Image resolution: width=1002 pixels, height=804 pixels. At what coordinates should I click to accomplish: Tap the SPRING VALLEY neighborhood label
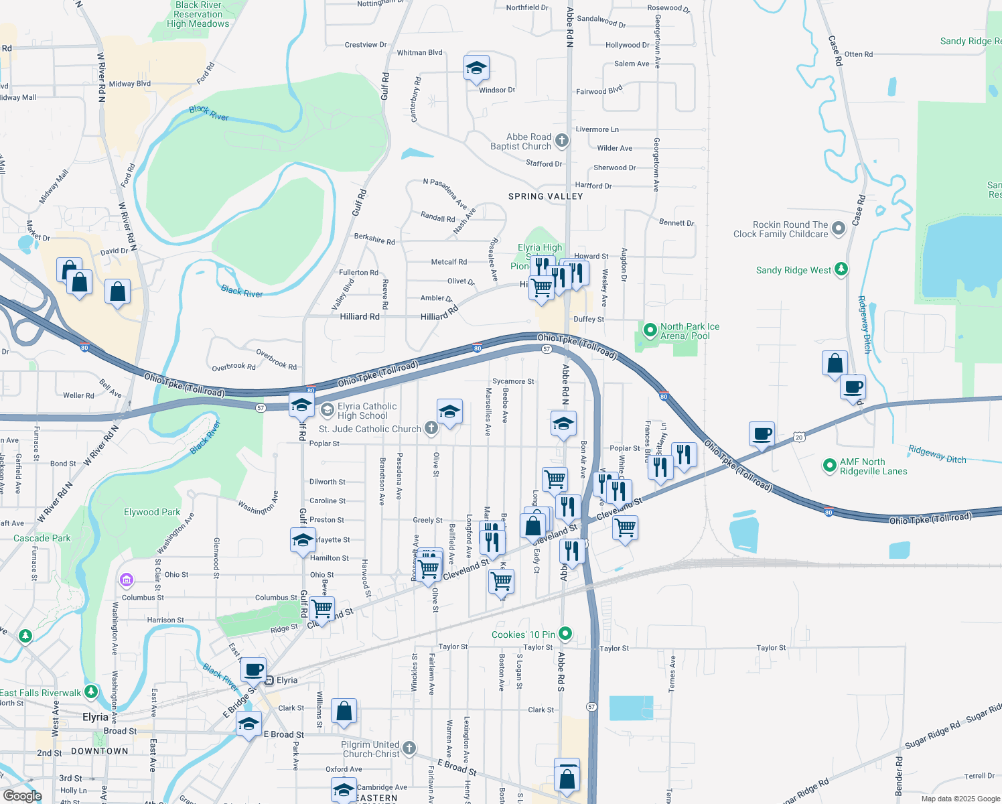point(545,196)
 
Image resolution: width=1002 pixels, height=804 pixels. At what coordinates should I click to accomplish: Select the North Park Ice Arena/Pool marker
point(650,330)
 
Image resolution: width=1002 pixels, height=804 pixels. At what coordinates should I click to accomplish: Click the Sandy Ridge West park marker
point(841,269)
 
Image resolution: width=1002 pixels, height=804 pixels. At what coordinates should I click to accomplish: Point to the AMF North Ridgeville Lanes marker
point(830,466)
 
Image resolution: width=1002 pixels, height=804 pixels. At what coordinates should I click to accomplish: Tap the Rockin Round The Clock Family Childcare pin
point(838,229)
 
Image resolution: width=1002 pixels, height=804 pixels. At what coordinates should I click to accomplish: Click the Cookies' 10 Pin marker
point(565,633)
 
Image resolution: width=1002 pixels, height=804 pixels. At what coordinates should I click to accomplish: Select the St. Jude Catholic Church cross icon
point(431,428)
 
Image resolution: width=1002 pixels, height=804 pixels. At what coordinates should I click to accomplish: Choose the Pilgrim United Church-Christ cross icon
point(409,748)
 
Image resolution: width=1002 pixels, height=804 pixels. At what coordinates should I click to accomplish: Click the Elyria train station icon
point(269,680)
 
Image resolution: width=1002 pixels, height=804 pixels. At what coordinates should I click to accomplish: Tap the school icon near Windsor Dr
point(476,68)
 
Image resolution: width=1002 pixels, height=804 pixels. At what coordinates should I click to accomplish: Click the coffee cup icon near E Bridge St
point(254,670)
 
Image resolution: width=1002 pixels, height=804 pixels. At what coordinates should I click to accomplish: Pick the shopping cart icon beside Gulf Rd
point(322,609)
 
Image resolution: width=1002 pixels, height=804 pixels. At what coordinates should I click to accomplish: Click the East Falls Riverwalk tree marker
point(91,691)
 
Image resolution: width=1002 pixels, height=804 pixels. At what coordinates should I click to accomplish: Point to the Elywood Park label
point(152,512)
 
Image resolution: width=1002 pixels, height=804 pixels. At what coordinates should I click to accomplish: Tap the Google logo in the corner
point(23,795)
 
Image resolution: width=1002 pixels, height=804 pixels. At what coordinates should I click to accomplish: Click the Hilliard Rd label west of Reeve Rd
point(360,316)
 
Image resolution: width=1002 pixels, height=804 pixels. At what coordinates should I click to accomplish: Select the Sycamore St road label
point(513,381)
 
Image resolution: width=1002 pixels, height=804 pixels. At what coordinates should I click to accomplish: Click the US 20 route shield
point(798,438)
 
